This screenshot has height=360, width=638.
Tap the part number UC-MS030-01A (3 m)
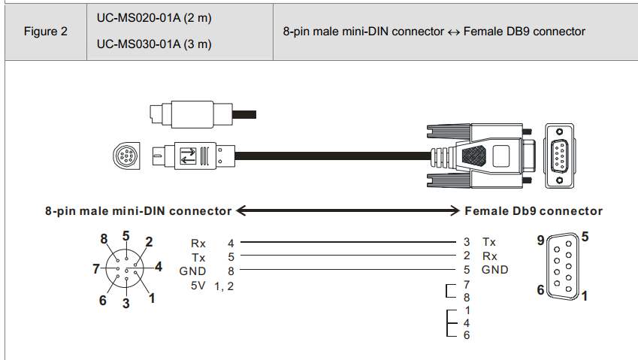point(154,44)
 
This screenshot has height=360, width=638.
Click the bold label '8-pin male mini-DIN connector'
point(138,211)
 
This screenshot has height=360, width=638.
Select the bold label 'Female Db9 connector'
point(534,211)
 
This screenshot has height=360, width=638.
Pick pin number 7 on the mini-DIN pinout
point(95,268)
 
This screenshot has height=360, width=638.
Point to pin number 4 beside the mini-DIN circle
point(158,266)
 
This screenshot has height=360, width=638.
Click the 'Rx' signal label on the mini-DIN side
point(199,243)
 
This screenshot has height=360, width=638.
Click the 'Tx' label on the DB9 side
point(489,243)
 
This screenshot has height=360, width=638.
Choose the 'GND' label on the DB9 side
point(495,270)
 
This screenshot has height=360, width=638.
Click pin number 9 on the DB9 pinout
point(540,241)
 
